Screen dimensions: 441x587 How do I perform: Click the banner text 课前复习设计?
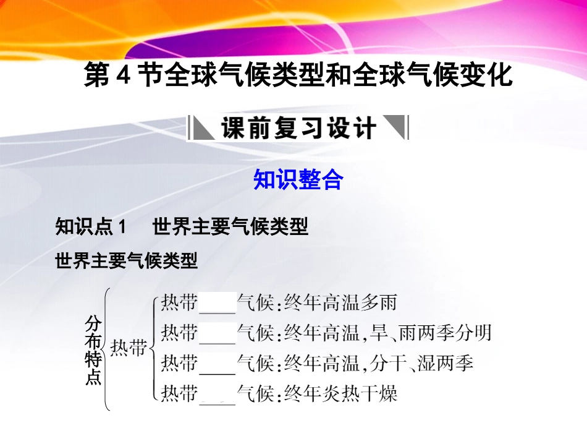click(298, 129)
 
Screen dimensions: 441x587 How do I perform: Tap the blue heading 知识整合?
click(298, 180)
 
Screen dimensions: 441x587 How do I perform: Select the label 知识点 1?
click(90, 228)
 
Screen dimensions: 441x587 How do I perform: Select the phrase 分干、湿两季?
click(423, 363)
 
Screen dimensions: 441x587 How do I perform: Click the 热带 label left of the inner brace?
click(129, 349)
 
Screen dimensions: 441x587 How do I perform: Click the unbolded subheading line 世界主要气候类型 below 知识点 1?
click(127, 262)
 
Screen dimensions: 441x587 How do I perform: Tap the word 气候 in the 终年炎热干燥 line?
click(256, 393)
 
